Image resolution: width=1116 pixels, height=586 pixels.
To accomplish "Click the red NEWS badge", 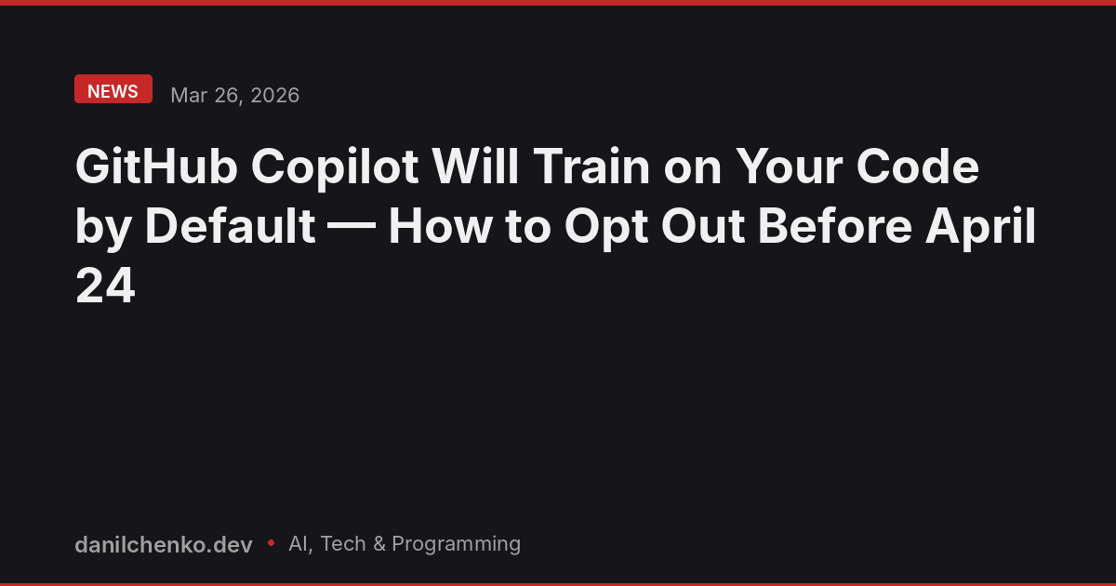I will tap(113, 90).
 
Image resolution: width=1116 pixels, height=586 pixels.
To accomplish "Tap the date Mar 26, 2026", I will tap(234, 95).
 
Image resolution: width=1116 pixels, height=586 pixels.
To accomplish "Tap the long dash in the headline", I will tap(352, 228).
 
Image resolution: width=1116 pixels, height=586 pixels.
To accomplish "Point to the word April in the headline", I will tap(979, 228).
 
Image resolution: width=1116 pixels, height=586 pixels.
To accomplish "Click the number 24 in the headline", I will tap(105, 287).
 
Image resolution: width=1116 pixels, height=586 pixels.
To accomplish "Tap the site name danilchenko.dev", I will tap(164, 544).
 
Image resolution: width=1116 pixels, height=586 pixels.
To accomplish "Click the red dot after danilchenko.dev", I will tap(271, 541).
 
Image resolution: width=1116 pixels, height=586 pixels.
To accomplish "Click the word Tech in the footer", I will tap(343, 544).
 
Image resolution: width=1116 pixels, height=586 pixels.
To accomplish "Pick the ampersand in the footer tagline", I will tap(379, 544).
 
